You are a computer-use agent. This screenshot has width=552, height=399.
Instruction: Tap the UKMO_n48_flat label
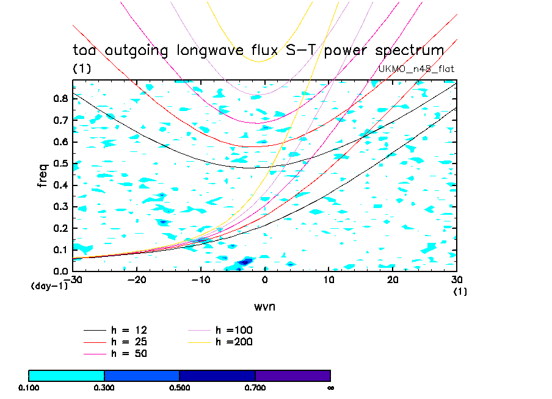tap(416, 68)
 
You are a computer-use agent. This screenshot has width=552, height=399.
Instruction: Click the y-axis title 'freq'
tap(43, 174)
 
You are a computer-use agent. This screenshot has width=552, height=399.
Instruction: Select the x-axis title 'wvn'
tap(264, 306)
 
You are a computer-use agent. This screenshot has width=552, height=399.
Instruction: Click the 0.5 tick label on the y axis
tap(61, 163)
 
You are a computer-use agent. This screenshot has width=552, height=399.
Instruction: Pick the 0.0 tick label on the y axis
tap(61, 271)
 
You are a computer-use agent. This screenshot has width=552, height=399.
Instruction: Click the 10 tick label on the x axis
tap(329, 279)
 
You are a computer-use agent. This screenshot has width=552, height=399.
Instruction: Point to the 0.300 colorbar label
tap(104, 387)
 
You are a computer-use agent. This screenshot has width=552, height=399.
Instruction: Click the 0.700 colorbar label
tap(255, 387)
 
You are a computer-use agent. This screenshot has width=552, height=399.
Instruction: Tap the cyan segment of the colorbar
tap(67, 375)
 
